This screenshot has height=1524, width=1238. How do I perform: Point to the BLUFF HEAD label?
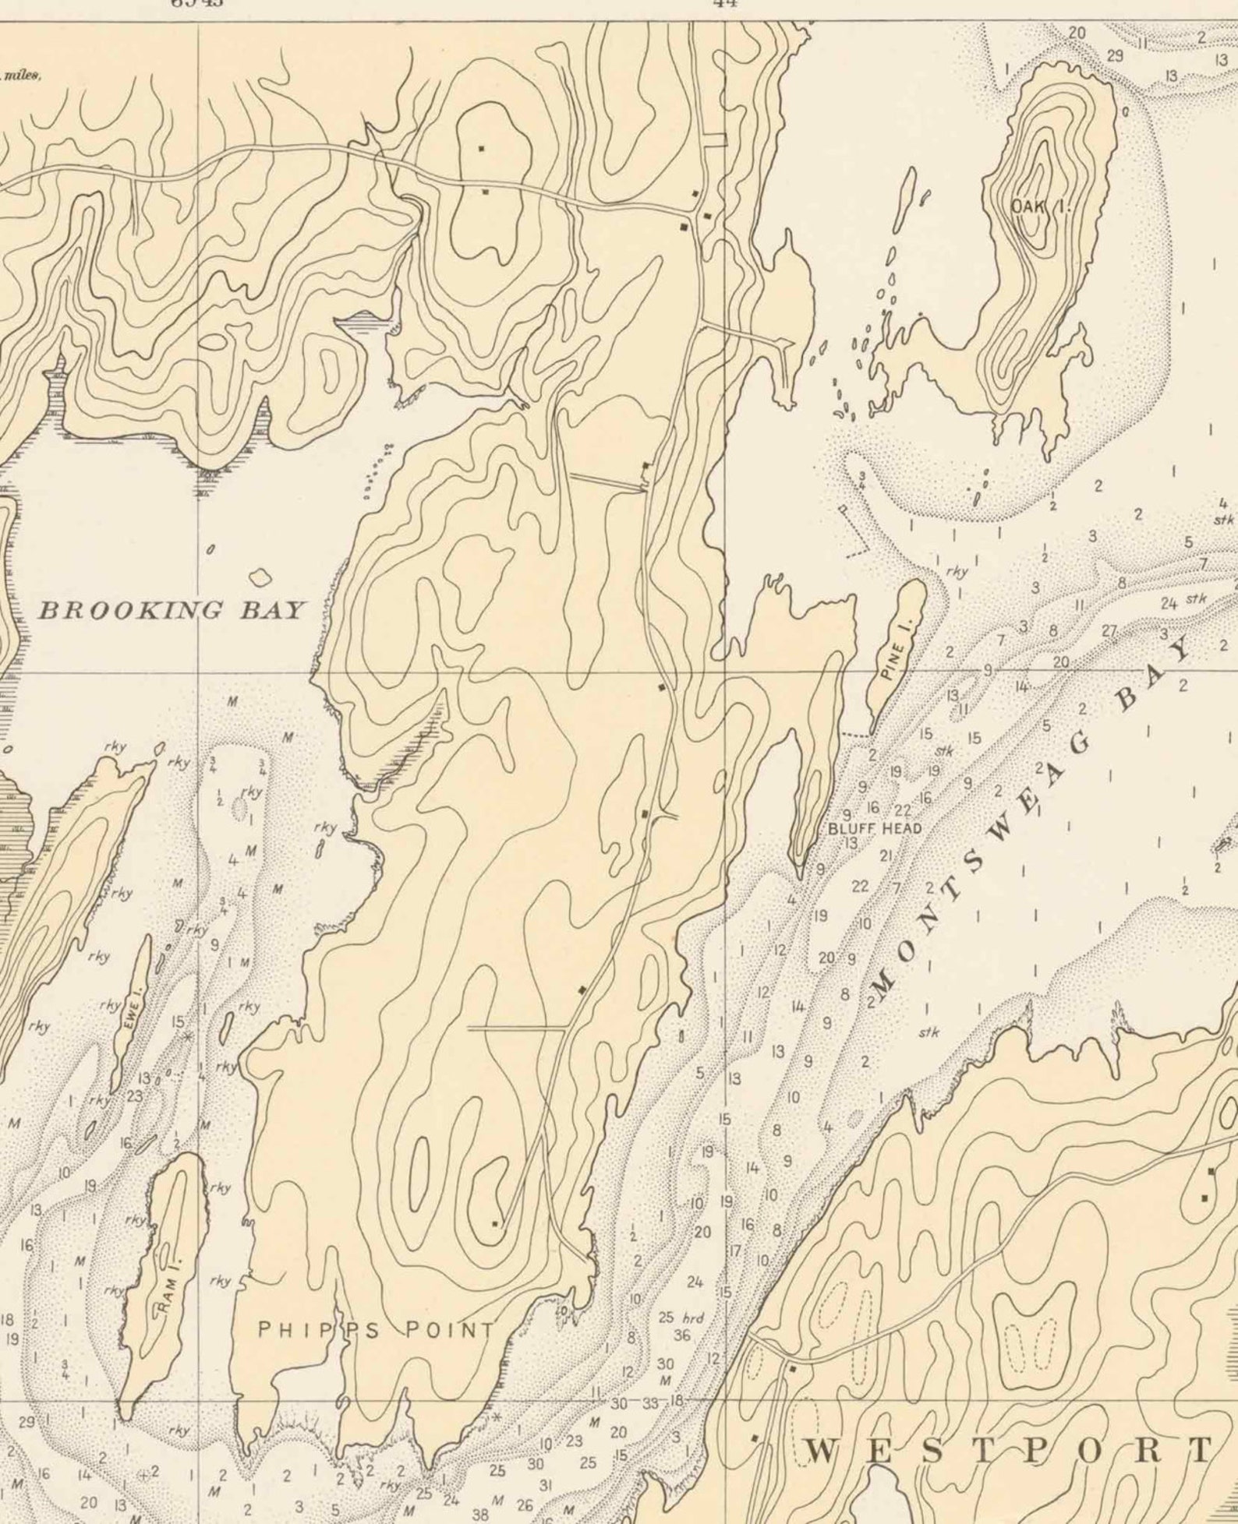(875, 829)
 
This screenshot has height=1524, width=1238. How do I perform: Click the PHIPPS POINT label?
(376, 1330)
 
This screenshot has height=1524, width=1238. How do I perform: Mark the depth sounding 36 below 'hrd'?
(681, 1336)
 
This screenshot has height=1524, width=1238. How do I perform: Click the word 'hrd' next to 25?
(692, 1318)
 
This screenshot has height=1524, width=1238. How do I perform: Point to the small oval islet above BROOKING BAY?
(260, 577)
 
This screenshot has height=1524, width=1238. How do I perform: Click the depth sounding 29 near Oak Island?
(1115, 55)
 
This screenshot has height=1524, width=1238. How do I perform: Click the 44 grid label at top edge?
(725, 3)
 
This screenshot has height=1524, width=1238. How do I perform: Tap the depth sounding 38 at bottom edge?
(481, 1515)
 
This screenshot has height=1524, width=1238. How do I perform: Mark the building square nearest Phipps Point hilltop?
(494, 1224)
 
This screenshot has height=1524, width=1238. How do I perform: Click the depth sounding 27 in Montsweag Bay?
(1109, 632)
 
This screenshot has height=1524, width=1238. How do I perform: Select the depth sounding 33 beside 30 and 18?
(649, 1403)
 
